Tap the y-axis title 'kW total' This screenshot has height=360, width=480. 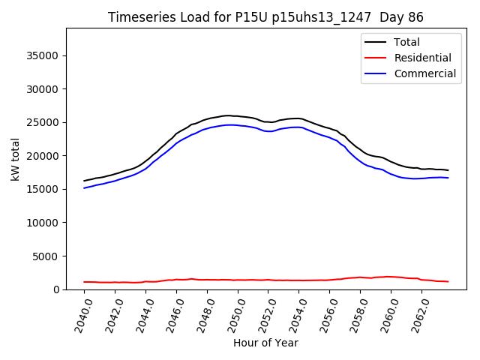pyautogui.click(x=15, y=159)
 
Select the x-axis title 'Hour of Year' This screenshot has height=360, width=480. pyautogui.click(x=265, y=343)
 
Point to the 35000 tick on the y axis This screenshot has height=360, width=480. pyautogui.click(x=43, y=55)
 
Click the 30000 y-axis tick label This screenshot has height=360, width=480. pyautogui.click(x=43, y=89)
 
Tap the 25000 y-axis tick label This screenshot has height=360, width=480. pyautogui.click(x=43, y=122)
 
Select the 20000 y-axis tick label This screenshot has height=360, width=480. pyautogui.click(x=43, y=156)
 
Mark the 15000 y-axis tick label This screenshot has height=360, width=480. pyautogui.click(x=43, y=189)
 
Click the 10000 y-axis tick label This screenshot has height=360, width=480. pyautogui.click(x=43, y=223)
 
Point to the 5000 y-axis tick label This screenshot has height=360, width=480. pyautogui.click(x=46, y=256)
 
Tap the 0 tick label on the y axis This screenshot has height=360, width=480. pyautogui.click(x=56, y=289)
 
